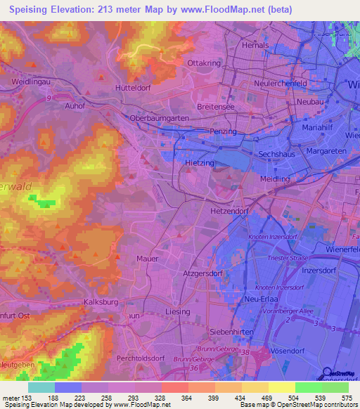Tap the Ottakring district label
[x=205, y=63]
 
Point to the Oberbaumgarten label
[x=160, y=119]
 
